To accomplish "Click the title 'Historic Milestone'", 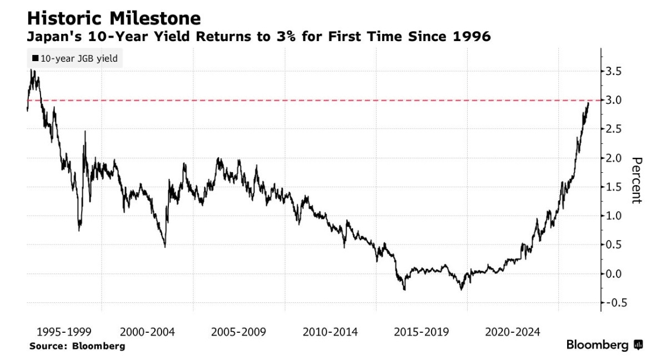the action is (114, 18).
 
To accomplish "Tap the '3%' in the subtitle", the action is (286, 36).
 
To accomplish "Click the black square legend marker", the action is (36, 58).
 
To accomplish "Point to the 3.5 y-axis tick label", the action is (613, 71).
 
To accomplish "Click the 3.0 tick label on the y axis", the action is (613, 101).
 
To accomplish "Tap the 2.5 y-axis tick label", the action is (613, 129).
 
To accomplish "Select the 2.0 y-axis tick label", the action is (613, 158).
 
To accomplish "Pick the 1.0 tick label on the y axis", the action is (613, 216).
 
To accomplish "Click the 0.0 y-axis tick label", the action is (613, 274).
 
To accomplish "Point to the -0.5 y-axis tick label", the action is (613, 303).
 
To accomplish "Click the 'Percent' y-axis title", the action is (637, 181).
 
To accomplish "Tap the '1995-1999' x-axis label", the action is (64, 332).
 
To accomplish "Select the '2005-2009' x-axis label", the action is (239, 332).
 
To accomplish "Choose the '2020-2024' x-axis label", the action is (513, 332).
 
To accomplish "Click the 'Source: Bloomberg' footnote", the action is (77, 346).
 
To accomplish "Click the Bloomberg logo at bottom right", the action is (604, 345).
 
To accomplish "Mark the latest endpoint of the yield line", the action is (588, 102).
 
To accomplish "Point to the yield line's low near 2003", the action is (165, 247).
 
